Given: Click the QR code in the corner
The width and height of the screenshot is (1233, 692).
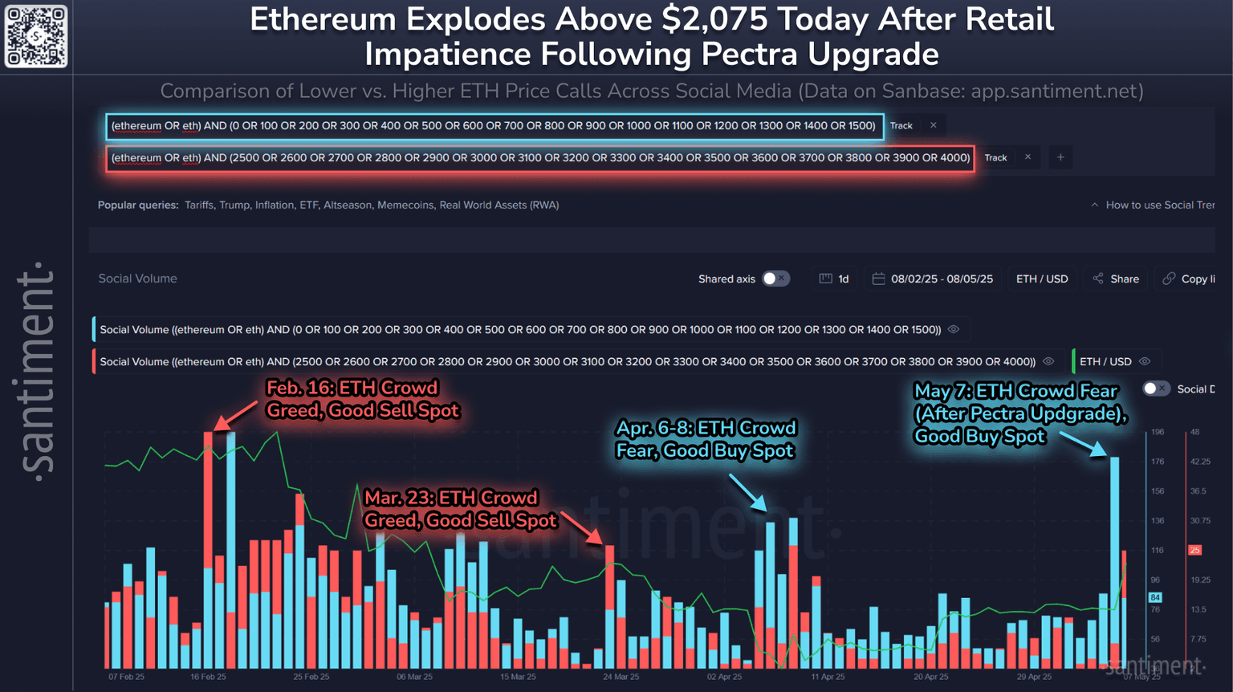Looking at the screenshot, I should click(36, 36).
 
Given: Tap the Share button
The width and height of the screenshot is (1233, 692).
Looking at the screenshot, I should click(1116, 279).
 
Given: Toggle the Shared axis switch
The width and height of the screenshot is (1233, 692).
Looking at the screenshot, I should click(775, 279).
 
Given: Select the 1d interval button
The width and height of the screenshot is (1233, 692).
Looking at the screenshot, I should click(834, 279).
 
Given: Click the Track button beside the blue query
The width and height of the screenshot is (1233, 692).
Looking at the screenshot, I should click(901, 126).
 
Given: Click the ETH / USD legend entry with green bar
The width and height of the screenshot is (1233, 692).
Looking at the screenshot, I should click(1105, 362).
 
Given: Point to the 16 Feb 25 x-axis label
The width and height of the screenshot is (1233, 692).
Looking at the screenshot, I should click(208, 677).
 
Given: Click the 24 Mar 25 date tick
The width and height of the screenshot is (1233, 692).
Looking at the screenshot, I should click(621, 677).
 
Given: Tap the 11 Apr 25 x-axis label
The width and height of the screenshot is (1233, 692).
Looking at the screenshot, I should click(828, 677).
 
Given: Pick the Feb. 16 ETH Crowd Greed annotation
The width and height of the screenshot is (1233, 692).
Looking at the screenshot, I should click(362, 399).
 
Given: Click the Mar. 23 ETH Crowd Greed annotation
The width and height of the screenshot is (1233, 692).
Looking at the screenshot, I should click(460, 509).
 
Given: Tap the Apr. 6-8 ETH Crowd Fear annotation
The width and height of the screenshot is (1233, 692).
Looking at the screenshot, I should click(706, 438).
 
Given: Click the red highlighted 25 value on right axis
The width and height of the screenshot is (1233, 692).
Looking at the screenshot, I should click(1194, 550).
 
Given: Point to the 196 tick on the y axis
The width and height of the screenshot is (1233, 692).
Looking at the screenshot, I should click(1158, 432).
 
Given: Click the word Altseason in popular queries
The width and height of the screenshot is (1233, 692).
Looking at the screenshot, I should click(347, 206).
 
